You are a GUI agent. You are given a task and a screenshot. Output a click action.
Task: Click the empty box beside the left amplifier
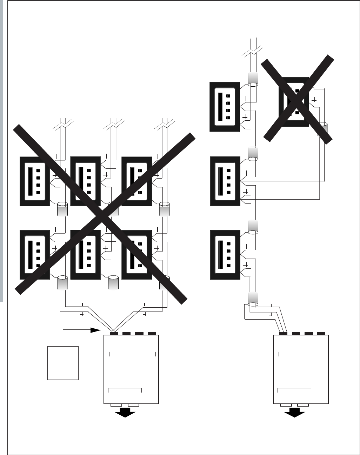(63, 363)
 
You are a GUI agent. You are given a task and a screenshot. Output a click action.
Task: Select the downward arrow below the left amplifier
(125, 414)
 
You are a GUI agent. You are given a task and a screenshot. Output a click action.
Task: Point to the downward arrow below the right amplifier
(294, 414)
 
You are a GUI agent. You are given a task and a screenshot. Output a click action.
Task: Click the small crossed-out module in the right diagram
(294, 102)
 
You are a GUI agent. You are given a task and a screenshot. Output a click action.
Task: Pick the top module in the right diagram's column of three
(225, 107)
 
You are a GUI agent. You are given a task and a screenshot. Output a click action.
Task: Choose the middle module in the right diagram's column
(225, 181)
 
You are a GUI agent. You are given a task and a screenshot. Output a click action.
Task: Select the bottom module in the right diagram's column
(225, 255)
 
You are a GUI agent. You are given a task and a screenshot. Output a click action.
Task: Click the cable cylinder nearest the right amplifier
(253, 299)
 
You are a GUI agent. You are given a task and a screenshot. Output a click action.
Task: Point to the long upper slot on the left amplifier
(132, 354)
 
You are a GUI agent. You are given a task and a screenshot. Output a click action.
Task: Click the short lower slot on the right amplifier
(294, 390)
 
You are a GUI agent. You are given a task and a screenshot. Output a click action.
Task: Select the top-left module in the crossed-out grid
(35, 181)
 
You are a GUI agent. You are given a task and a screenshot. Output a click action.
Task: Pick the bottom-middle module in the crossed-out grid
(86, 255)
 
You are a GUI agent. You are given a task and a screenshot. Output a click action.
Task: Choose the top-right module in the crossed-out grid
(136, 181)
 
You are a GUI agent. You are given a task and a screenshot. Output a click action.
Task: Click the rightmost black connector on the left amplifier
(152, 333)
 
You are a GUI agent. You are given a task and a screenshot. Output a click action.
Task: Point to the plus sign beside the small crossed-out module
(314, 100)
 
